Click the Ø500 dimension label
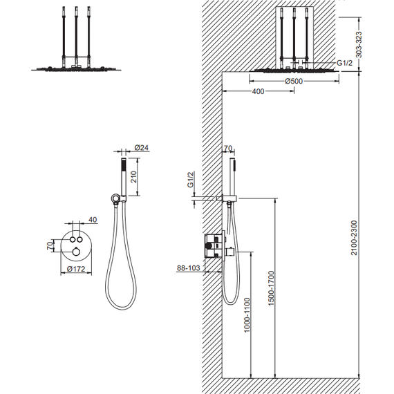294,81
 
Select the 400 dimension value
258,91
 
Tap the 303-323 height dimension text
359,45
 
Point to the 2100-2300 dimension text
354,238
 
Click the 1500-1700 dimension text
272,288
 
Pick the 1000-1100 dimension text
247,315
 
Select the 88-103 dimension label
189,268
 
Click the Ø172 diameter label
76,269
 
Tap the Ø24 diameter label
142,147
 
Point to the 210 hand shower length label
133,177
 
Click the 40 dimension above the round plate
93,220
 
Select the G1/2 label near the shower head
344,63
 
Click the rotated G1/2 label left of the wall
191,180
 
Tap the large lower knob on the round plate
76,251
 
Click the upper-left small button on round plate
73,239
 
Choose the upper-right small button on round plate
80,239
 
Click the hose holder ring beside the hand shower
115,198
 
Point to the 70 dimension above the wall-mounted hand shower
227,149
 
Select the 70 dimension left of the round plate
50,245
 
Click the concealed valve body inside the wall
214,246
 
